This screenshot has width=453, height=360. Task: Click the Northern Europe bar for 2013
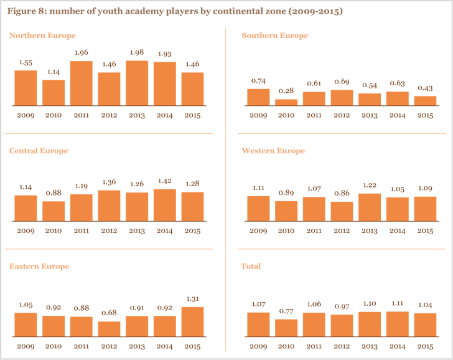pos(137,82)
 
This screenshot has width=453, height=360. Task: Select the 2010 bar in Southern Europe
pos(286,102)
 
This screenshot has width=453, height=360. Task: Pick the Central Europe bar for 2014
pos(164,205)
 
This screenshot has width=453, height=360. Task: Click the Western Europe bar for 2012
pos(342,212)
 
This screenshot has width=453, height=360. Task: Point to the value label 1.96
pos(81,53)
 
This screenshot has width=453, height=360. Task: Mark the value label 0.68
pos(109,313)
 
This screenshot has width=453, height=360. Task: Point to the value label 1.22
pos(369,186)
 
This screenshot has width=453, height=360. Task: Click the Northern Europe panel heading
pos(42,36)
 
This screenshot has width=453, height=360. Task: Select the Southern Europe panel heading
pos(274,36)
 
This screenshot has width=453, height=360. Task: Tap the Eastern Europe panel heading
pos(39,266)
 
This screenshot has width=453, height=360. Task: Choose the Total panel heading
pos(251,266)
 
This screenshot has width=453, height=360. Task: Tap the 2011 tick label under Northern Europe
pos(81,115)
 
